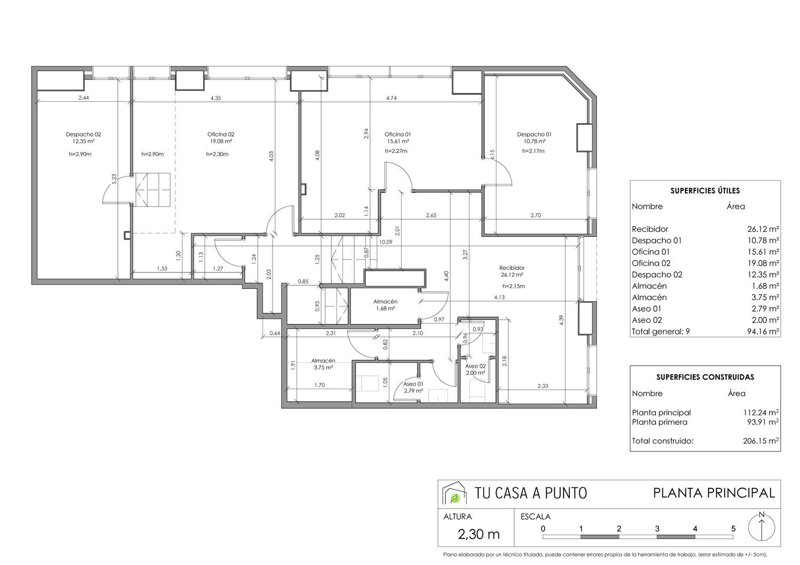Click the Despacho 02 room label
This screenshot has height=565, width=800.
pyautogui.click(x=83, y=134)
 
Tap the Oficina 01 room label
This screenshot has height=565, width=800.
pyautogui.click(x=397, y=134)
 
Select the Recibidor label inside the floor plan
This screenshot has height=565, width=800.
pyautogui.click(x=512, y=268)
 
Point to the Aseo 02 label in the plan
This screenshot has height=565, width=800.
pyautogui.click(x=475, y=366)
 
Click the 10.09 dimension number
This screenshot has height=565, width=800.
pyautogui.click(x=386, y=242)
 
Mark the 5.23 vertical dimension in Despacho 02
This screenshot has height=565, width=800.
pyautogui.click(x=114, y=179)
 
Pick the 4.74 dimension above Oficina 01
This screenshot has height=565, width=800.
pyautogui.click(x=391, y=98)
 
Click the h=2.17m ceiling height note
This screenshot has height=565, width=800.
pyautogui.click(x=533, y=151)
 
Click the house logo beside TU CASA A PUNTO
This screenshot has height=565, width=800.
pyautogui.click(x=454, y=493)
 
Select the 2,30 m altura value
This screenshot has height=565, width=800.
pyautogui.click(x=478, y=534)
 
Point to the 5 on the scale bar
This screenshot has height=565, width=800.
pyautogui.click(x=733, y=529)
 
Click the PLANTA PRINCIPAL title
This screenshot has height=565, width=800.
pyautogui.click(x=714, y=493)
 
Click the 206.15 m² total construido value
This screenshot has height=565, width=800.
pyautogui.click(x=761, y=441)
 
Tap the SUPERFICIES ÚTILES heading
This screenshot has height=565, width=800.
pyautogui.click(x=705, y=191)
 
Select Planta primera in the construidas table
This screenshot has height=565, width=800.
pyautogui.click(x=659, y=422)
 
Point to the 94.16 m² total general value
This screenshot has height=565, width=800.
pyautogui.click(x=763, y=332)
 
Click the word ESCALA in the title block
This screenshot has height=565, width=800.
pyautogui.click(x=535, y=516)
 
